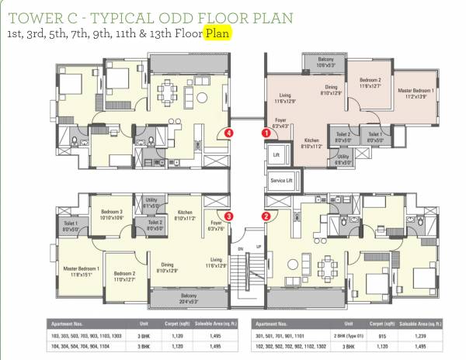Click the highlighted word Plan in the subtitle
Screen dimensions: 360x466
[x=217, y=35]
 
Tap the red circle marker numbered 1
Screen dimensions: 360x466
[x=266, y=133]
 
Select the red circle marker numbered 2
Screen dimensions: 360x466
[x=266, y=216]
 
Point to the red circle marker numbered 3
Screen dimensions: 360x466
[x=228, y=216]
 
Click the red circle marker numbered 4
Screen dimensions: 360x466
[x=228, y=133]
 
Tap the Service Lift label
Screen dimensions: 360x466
[x=280, y=180]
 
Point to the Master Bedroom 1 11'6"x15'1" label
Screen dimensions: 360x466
[x=81, y=270]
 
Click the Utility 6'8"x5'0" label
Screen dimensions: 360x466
[x=343, y=159]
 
